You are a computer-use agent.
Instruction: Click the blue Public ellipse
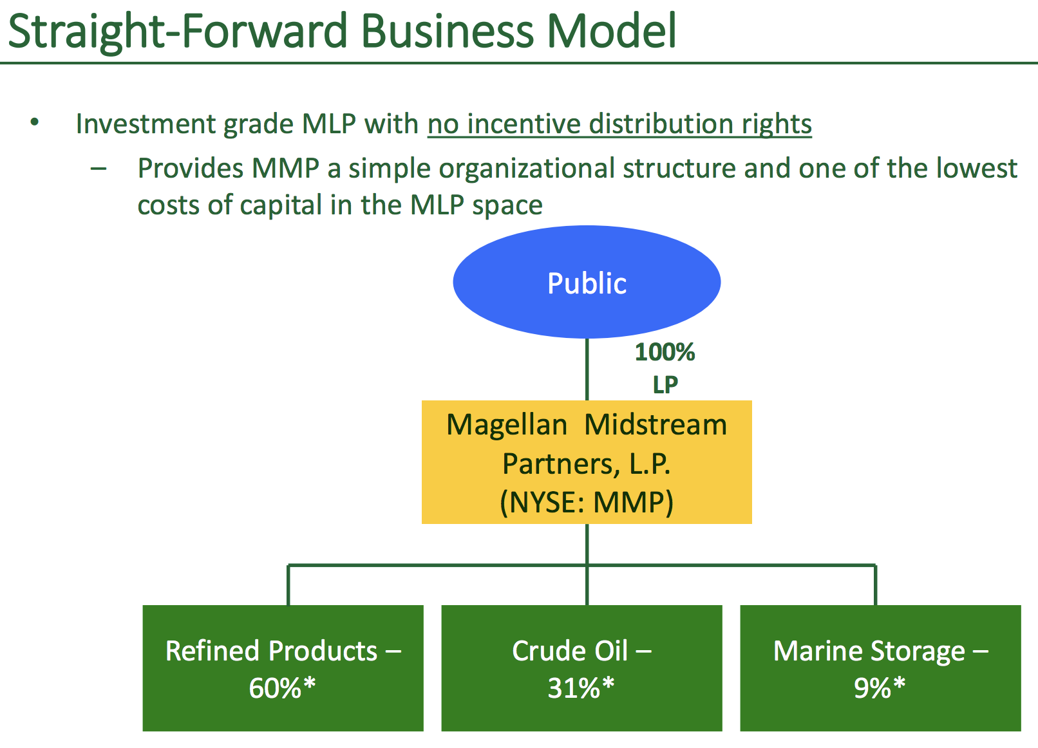(587, 281)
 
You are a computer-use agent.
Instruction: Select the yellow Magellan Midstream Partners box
(587, 462)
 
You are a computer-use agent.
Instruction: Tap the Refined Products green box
(283, 668)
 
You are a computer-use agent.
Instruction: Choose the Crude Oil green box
(581, 668)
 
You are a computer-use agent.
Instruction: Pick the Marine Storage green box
(880, 668)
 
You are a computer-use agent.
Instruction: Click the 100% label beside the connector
(665, 352)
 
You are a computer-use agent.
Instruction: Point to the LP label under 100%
(665, 384)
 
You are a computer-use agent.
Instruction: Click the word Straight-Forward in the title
(178, 32)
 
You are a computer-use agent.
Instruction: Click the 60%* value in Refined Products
(282, 687)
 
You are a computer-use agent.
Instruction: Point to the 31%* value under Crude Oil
(581, 687)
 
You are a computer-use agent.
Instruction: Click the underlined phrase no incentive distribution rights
(619, 124)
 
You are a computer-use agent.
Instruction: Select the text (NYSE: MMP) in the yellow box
(587, 502)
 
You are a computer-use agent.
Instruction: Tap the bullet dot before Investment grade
(34, 122)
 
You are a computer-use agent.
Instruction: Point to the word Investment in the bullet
(145, 124)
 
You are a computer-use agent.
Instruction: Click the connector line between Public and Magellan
(587, 369)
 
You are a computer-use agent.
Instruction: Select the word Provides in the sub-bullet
(191, 167)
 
